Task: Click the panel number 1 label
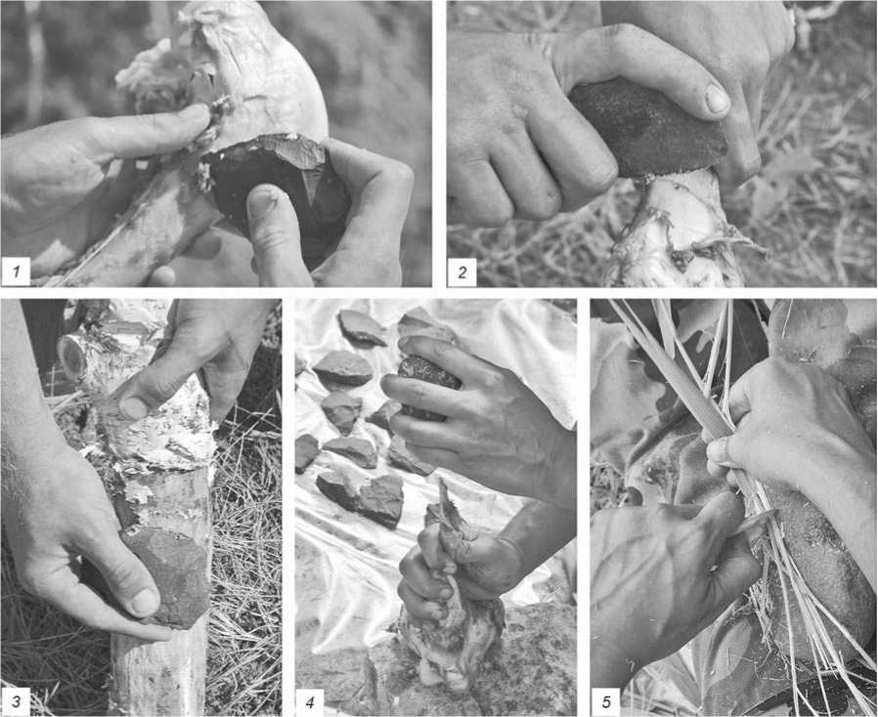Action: [x=17, y=273]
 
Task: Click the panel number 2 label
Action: [x=461, y=273]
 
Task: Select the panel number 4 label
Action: [x=310, y=701]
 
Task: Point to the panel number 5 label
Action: [x=606, y=701]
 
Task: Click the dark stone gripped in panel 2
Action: [x=646, y=130]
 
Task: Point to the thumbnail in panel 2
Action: [x=717, y=99]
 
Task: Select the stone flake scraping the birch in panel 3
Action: [x=168, y=576]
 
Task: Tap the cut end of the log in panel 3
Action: [x=71, y=357]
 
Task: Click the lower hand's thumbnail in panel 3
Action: [x=146, y=603]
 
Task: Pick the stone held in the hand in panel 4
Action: [x=428, y=386]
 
